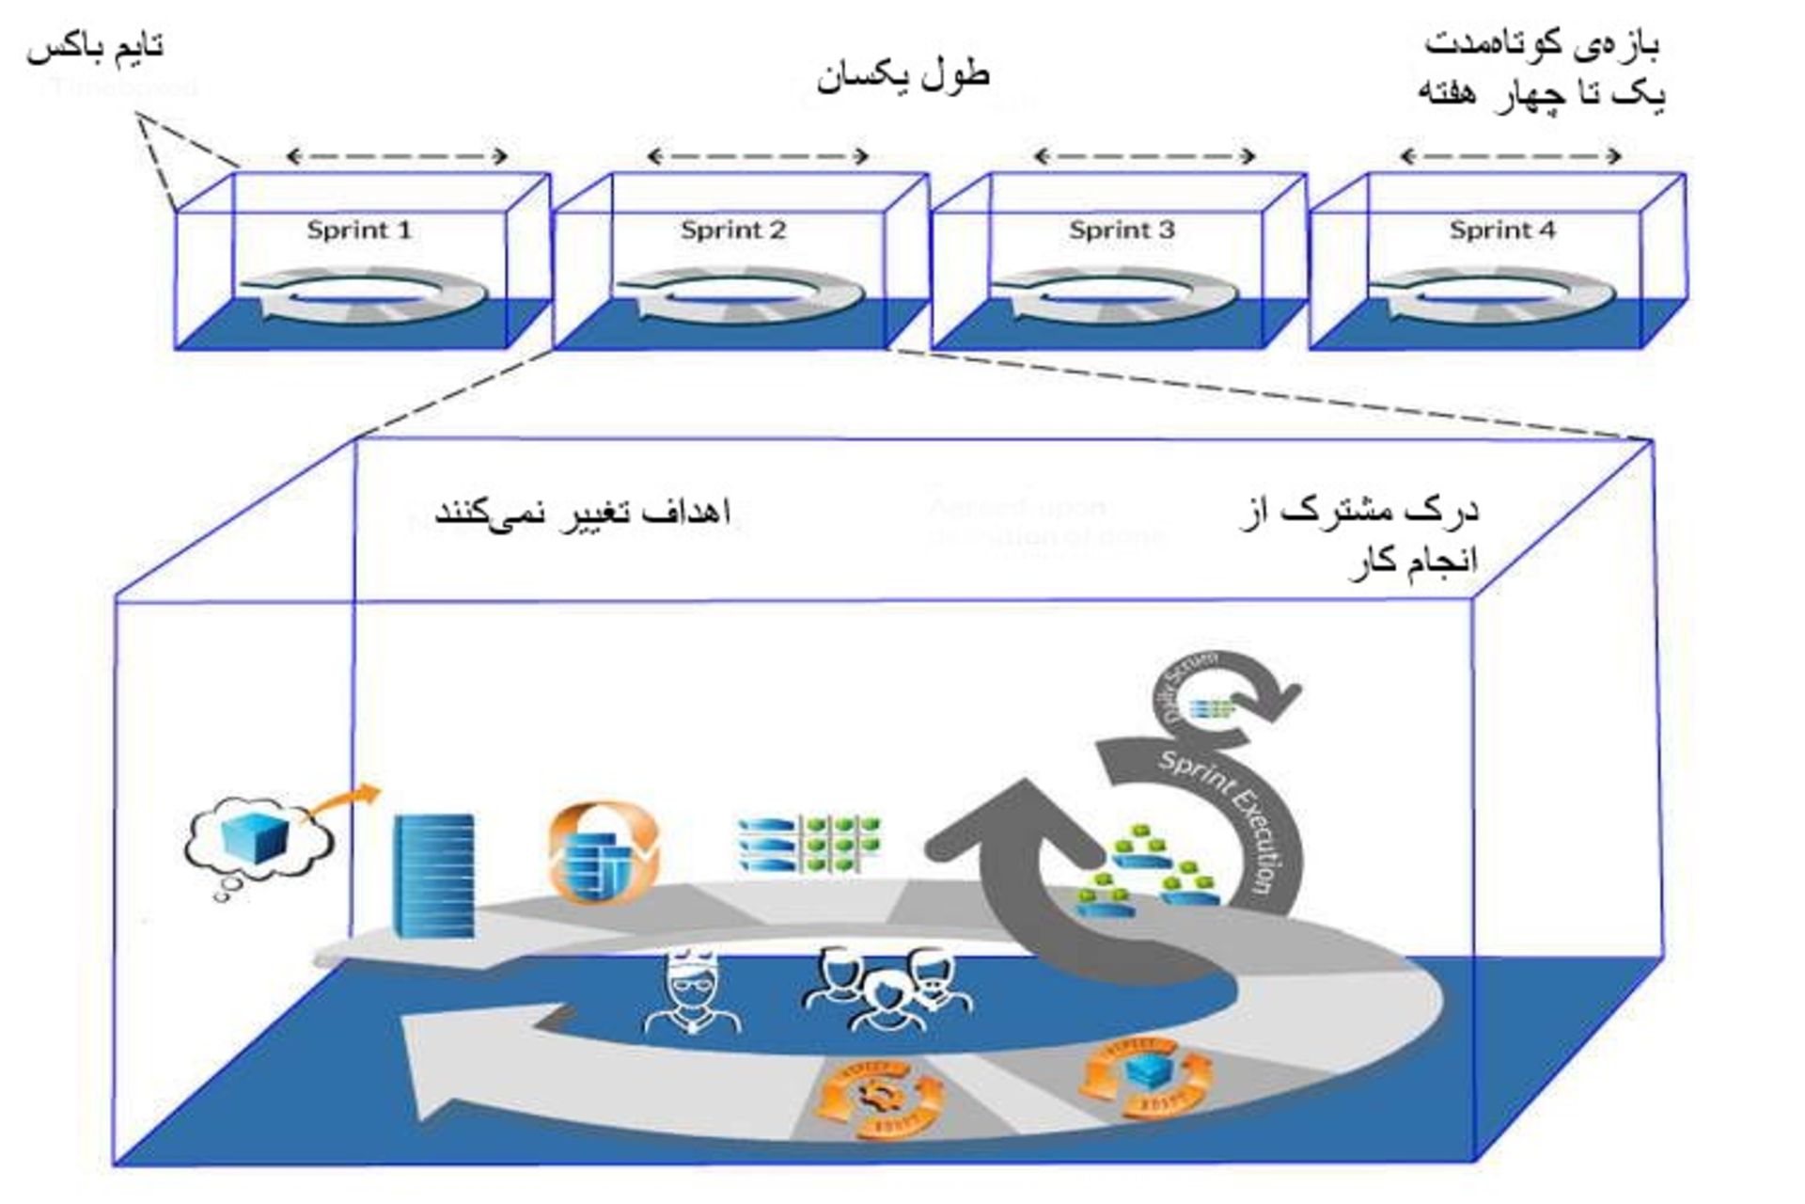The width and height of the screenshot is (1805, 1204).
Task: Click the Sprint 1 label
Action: tap(359, 230)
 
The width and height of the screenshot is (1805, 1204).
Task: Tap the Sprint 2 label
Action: tap(733, 230)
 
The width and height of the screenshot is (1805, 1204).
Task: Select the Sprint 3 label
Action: tap(1122, 230)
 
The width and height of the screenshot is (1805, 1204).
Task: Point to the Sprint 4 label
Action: tap(1501, 230)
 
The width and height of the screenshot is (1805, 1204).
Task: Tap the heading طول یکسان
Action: tap(902, 75)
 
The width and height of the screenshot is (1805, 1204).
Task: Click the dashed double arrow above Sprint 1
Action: tap(397, 156)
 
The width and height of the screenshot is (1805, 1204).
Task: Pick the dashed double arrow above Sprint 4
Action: tap(1511, 156)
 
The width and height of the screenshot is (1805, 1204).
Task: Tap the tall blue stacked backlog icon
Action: tap(433, 875)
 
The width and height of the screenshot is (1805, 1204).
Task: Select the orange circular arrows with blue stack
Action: tap(604, 853)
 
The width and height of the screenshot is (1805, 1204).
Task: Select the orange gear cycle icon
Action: tap(879, 1096)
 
